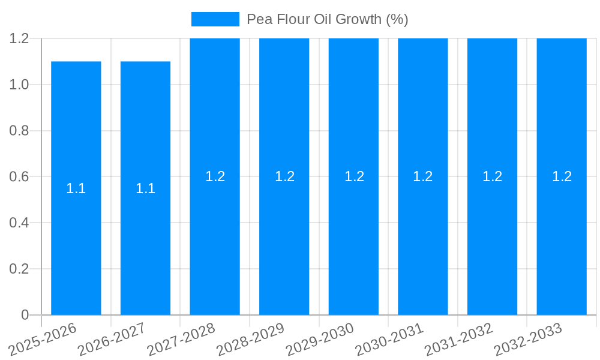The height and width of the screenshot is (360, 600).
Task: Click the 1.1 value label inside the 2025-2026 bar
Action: [x=76, y=188]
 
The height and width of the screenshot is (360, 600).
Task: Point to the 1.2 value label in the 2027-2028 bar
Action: [x=215, y=176]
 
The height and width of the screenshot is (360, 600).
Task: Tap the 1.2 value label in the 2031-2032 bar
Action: [x=492, y=176]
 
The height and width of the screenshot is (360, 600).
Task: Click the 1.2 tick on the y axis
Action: [x=19, y=39]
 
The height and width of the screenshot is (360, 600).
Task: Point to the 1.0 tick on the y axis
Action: [x=19, y=85]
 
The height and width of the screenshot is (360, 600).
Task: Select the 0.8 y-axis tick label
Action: [x=19, y=131]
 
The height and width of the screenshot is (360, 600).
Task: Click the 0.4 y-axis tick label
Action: [x=19, y=223]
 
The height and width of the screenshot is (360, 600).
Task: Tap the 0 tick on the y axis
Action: [x=25, y=315]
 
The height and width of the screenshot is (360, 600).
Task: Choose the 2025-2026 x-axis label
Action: [x=44, y=338]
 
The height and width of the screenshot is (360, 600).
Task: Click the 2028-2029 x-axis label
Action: [x=251, y=338]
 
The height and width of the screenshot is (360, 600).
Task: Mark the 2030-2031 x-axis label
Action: [x=390, y=338]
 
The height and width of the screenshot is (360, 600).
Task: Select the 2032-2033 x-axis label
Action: [x=528, y=338]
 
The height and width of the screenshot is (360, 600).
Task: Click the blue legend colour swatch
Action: [x=215, y=19]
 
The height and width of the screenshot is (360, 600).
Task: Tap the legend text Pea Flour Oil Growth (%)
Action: [x=328, y=19]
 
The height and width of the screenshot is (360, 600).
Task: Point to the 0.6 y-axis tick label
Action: [x=19, y=177]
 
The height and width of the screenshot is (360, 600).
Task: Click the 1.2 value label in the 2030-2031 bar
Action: [x=423, y=176]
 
